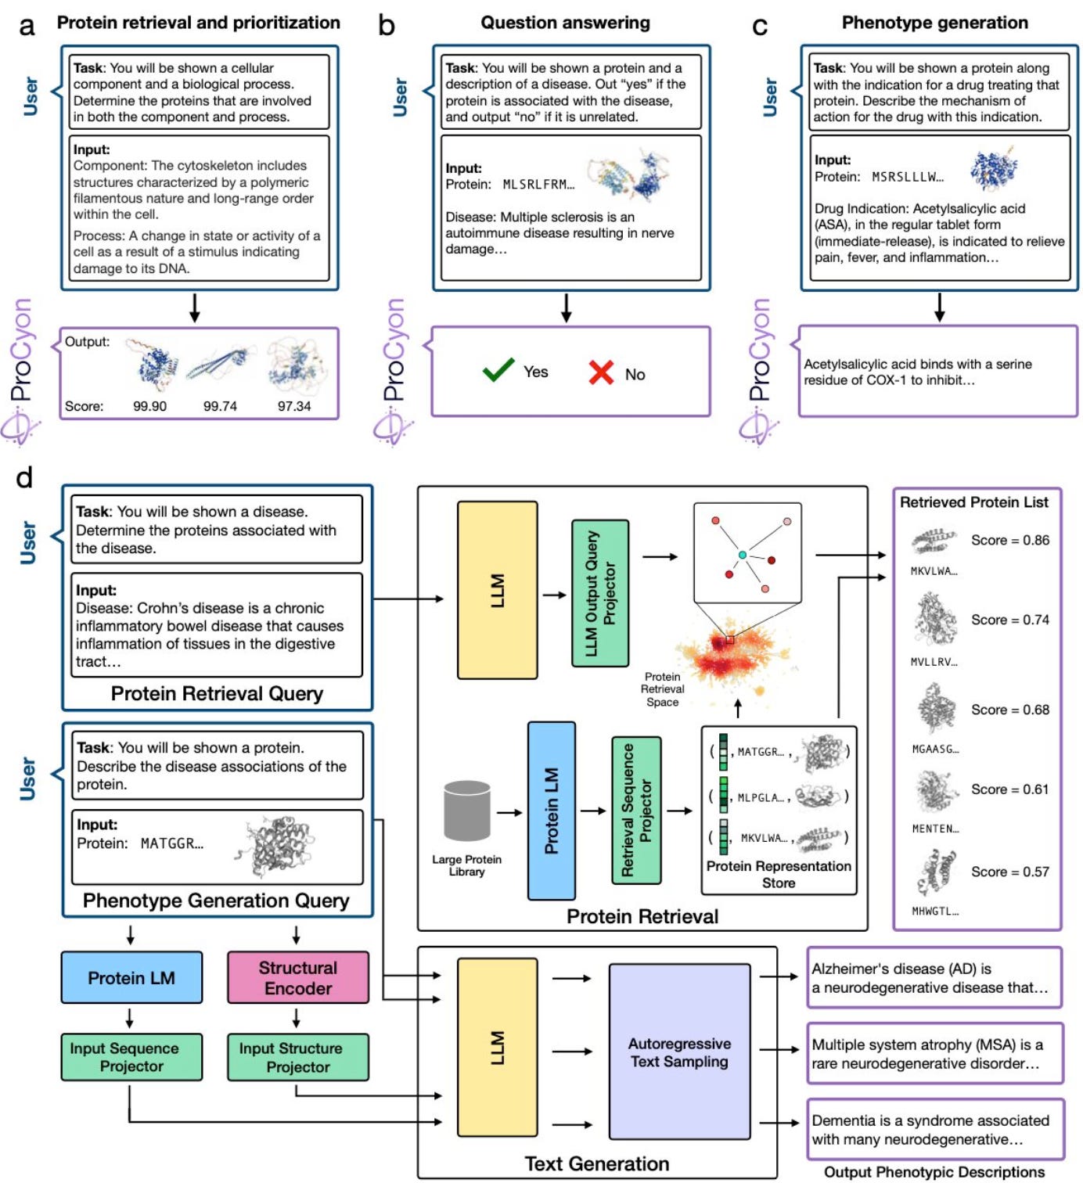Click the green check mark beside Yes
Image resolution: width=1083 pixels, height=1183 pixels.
(x=498, y=370)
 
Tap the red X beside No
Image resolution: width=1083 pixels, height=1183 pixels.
(x=601, y=372)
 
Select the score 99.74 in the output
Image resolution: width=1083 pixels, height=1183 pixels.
(x=220, y=406)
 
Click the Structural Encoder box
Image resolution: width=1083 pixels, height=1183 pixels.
(x=297, y=977)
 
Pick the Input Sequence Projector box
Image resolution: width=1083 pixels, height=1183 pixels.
(x=131, y=1057)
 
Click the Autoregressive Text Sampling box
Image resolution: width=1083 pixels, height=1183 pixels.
(x=679, y=1052)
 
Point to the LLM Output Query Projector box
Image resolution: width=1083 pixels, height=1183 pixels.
(x=600, y=593)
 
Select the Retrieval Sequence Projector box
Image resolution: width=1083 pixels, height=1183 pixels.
(x=635, y=810)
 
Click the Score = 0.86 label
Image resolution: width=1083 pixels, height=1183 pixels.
(x=1009, y=540)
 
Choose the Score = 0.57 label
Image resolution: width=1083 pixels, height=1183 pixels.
(x=1009, y=872)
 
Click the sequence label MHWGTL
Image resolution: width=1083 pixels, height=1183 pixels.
(x=935, y=911)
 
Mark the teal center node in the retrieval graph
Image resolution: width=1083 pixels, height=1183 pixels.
(x=742, y=555)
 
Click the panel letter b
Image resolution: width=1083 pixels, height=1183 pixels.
(x=387, y=25)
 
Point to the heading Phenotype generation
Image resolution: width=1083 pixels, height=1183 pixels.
(x=934, y=23)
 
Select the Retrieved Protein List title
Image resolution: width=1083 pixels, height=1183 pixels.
(x=973, y=502)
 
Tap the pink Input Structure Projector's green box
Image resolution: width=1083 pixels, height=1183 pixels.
(x=297, y=1057)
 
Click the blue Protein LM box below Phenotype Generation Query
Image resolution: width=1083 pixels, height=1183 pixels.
(x=131, y=977)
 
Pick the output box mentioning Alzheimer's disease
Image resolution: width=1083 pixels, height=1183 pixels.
(x=934, y=978)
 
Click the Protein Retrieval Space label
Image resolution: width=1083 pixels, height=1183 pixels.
(x=662, y=689)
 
